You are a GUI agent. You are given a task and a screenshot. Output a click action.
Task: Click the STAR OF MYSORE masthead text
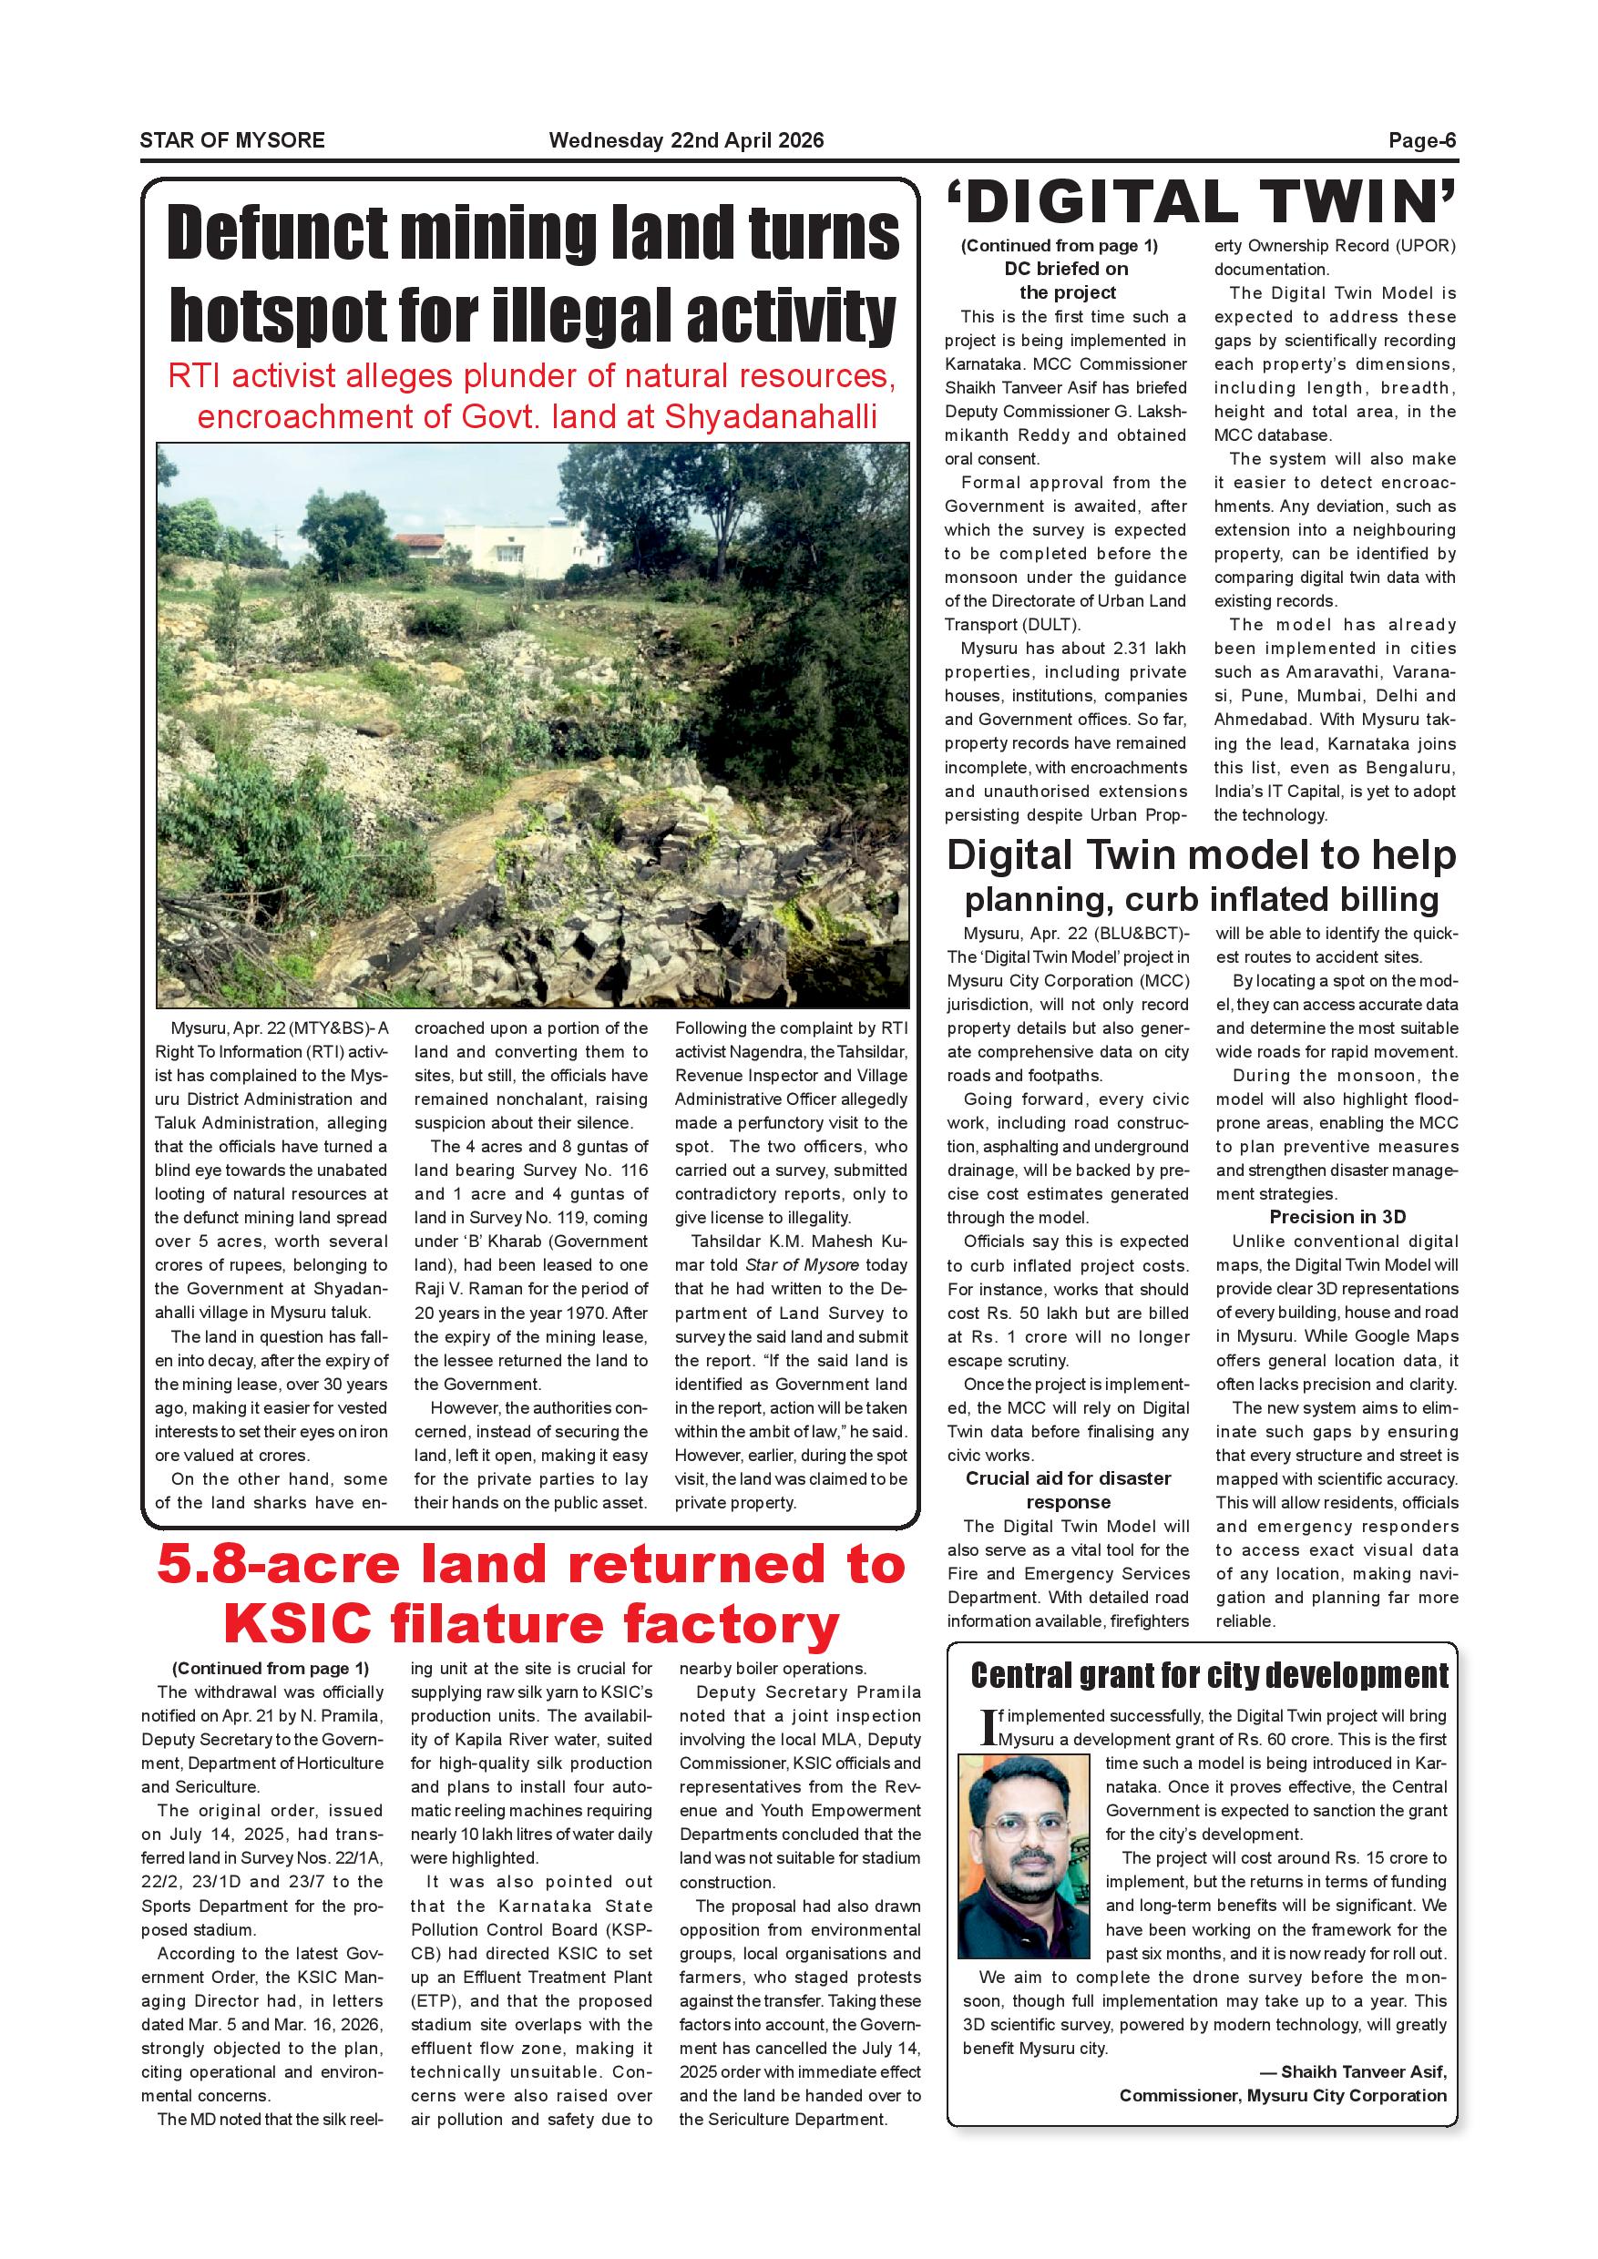(232, 140)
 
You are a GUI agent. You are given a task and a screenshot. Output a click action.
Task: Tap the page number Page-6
(1422, 140)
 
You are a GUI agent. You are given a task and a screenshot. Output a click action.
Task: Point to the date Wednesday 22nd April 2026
(686, 140)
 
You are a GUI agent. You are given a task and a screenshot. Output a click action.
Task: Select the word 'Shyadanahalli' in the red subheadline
(770, 417)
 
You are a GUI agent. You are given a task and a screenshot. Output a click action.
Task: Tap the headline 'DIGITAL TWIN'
(1201, 203)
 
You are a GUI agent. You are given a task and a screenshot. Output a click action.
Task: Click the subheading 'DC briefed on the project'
(1067, 281)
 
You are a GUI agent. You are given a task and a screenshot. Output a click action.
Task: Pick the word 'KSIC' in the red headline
(297, 1623)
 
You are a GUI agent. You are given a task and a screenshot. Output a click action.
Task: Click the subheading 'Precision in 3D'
(1337, 1217)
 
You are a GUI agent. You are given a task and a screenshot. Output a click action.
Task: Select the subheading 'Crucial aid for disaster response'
(1068, 1490)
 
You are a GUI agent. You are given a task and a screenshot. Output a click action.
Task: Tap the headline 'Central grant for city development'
(1209, 1675)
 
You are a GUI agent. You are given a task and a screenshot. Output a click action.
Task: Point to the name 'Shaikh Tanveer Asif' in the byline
(1363, 2072)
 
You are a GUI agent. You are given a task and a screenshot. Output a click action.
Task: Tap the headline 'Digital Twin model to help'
(1201, 856)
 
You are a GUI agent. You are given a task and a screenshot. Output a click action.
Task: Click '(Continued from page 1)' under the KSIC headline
(270, 1669)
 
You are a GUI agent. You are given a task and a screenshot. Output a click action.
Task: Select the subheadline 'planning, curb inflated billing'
(1201, 899)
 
